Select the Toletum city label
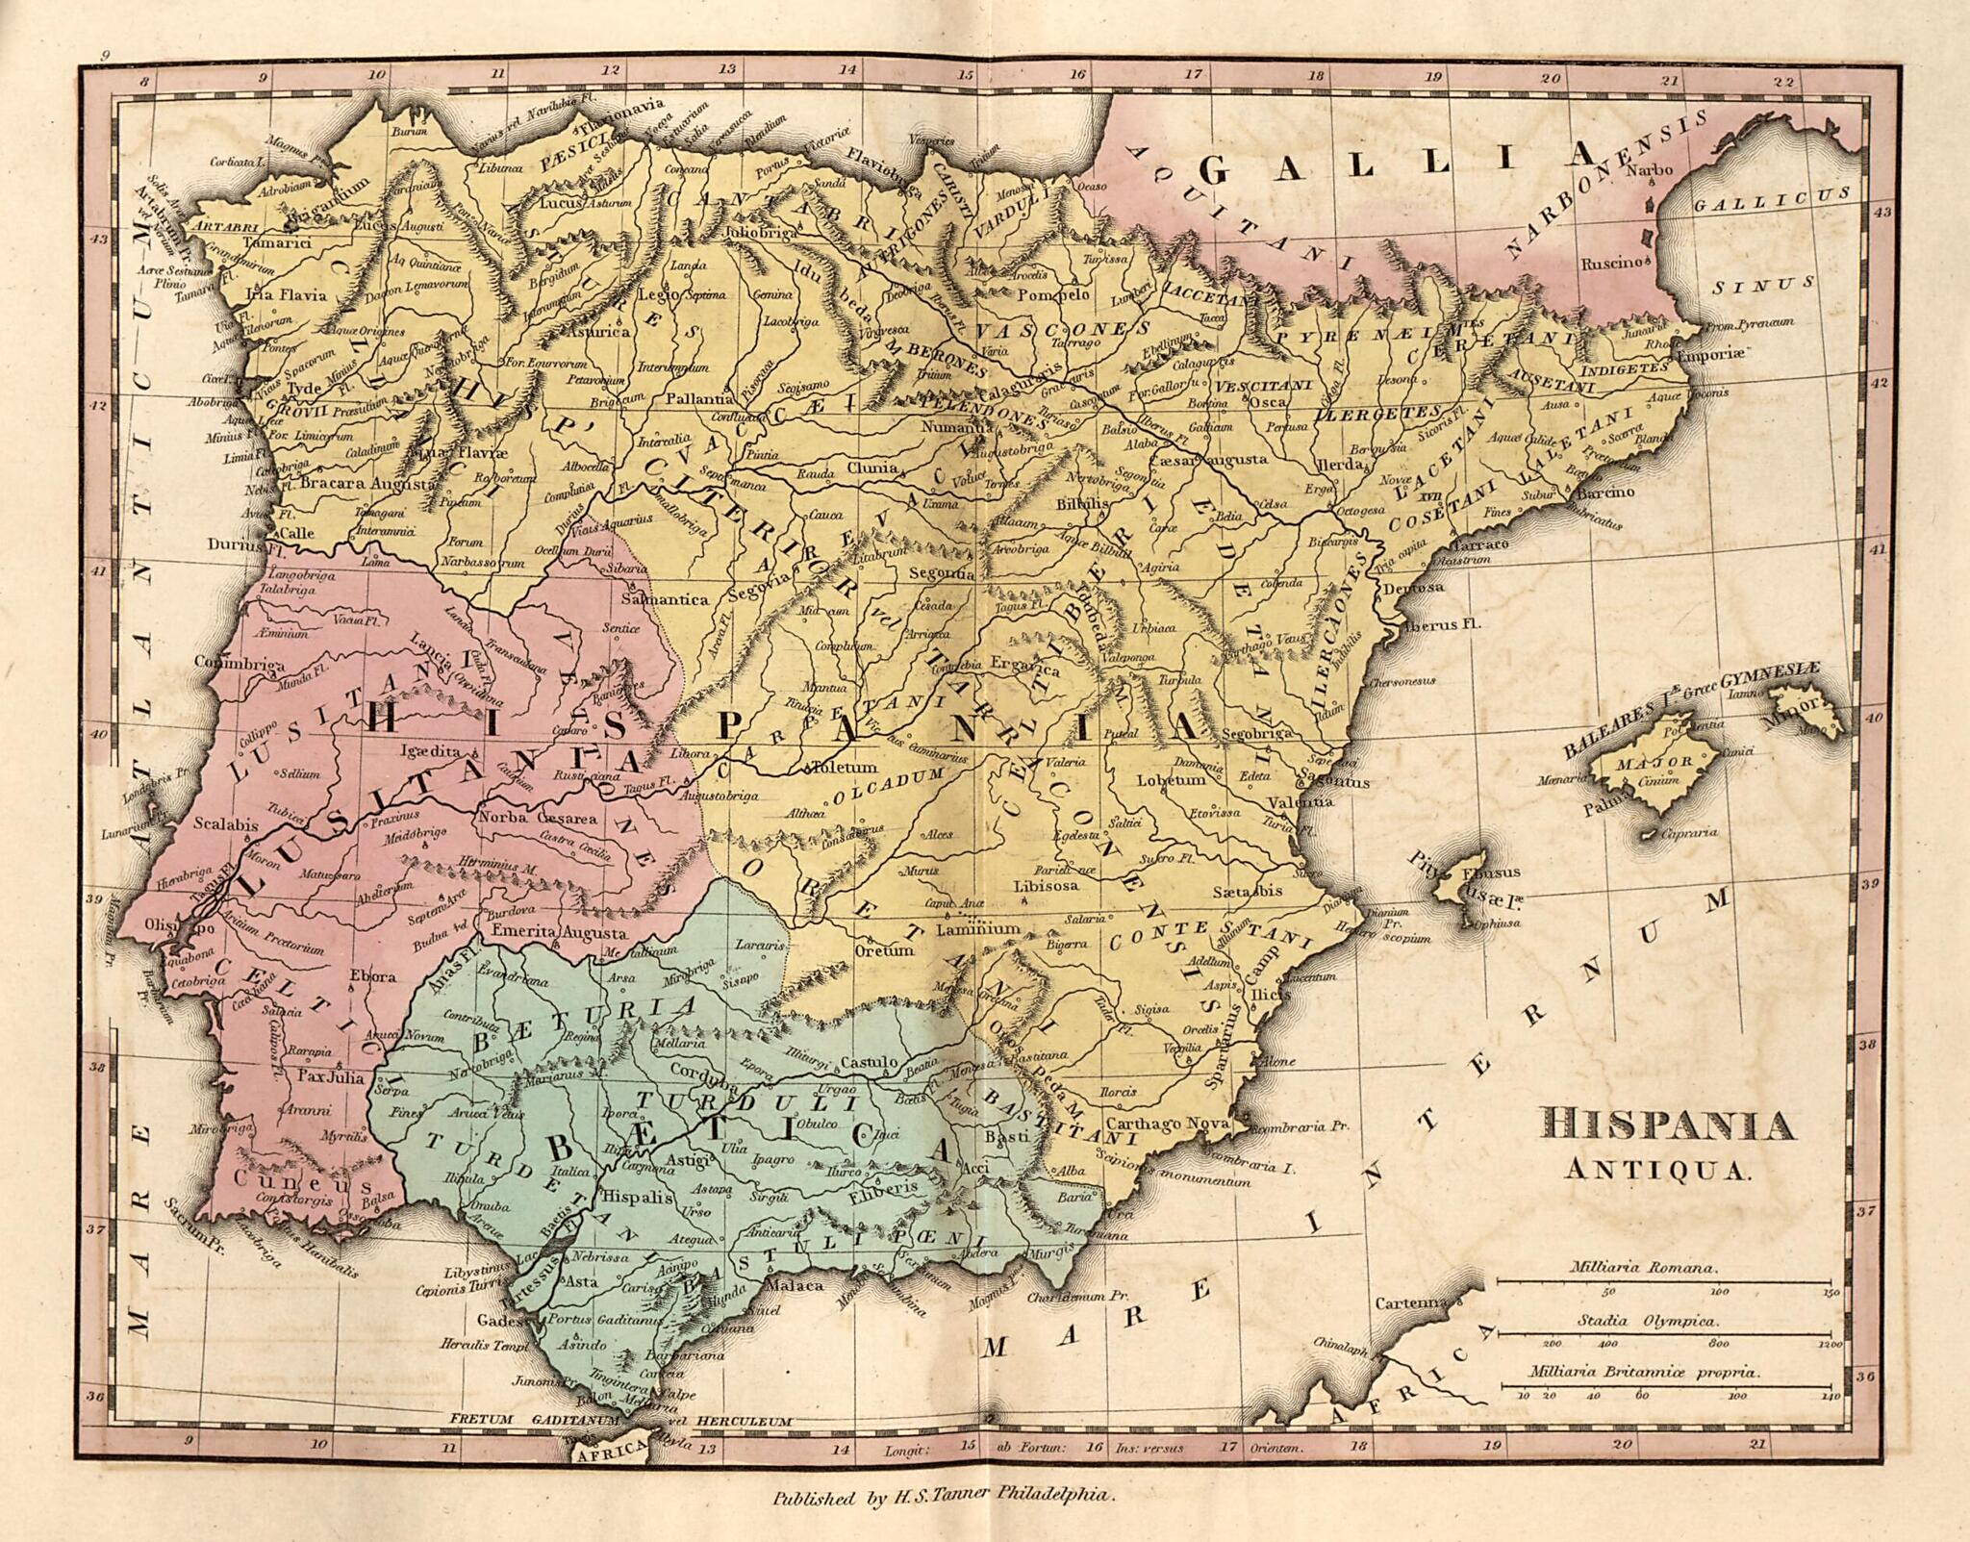[x=846, y=768]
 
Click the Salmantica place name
[x=666, y=599]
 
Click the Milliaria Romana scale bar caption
[x=1653, y=1268]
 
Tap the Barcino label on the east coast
[x=1605, y=493]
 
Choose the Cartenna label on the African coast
[x=1410, y=1303]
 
